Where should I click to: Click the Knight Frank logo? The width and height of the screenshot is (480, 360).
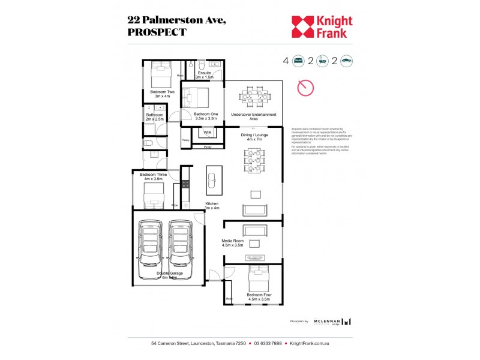(x=322, y=27)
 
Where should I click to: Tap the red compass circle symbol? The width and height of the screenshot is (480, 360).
(x=305, y=88)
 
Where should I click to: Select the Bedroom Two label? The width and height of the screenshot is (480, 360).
(x=162, y=94)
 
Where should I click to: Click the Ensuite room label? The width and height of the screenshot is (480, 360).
(x=204, y=75)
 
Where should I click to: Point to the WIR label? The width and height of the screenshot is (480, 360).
(x=208, y=132)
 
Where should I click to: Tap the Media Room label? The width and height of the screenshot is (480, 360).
(x=232, y=243)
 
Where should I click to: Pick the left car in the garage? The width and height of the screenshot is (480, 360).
(x=149, y=250)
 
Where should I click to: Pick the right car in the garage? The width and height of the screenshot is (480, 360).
(x=179, y=250)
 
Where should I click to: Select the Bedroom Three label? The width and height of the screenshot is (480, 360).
(x=152, y=176)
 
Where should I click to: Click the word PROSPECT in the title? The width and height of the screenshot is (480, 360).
(x=157, y=32)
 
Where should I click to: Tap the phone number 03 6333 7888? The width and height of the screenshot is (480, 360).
(x=268, y=344)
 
